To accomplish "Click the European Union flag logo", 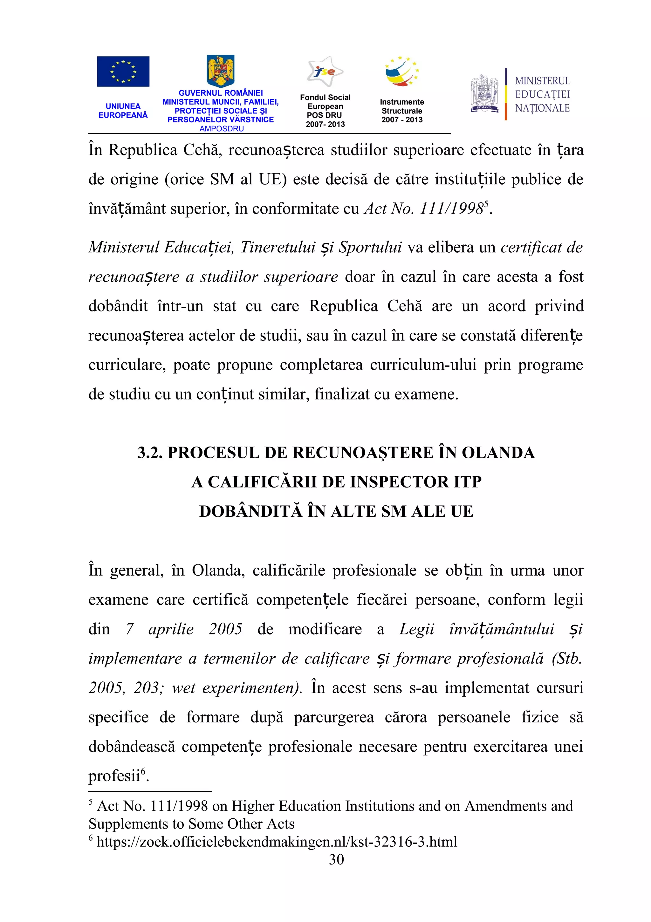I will coord(123,72).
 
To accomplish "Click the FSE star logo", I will coord(325,72).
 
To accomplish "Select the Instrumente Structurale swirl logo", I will coord(401,72).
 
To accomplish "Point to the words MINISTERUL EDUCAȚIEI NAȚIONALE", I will coord(542,94).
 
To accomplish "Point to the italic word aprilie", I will coord(171,629).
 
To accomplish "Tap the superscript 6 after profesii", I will coord(143,771).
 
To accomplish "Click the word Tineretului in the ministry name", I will coord(278,247).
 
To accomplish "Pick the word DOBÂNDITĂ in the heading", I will coord(250,511).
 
